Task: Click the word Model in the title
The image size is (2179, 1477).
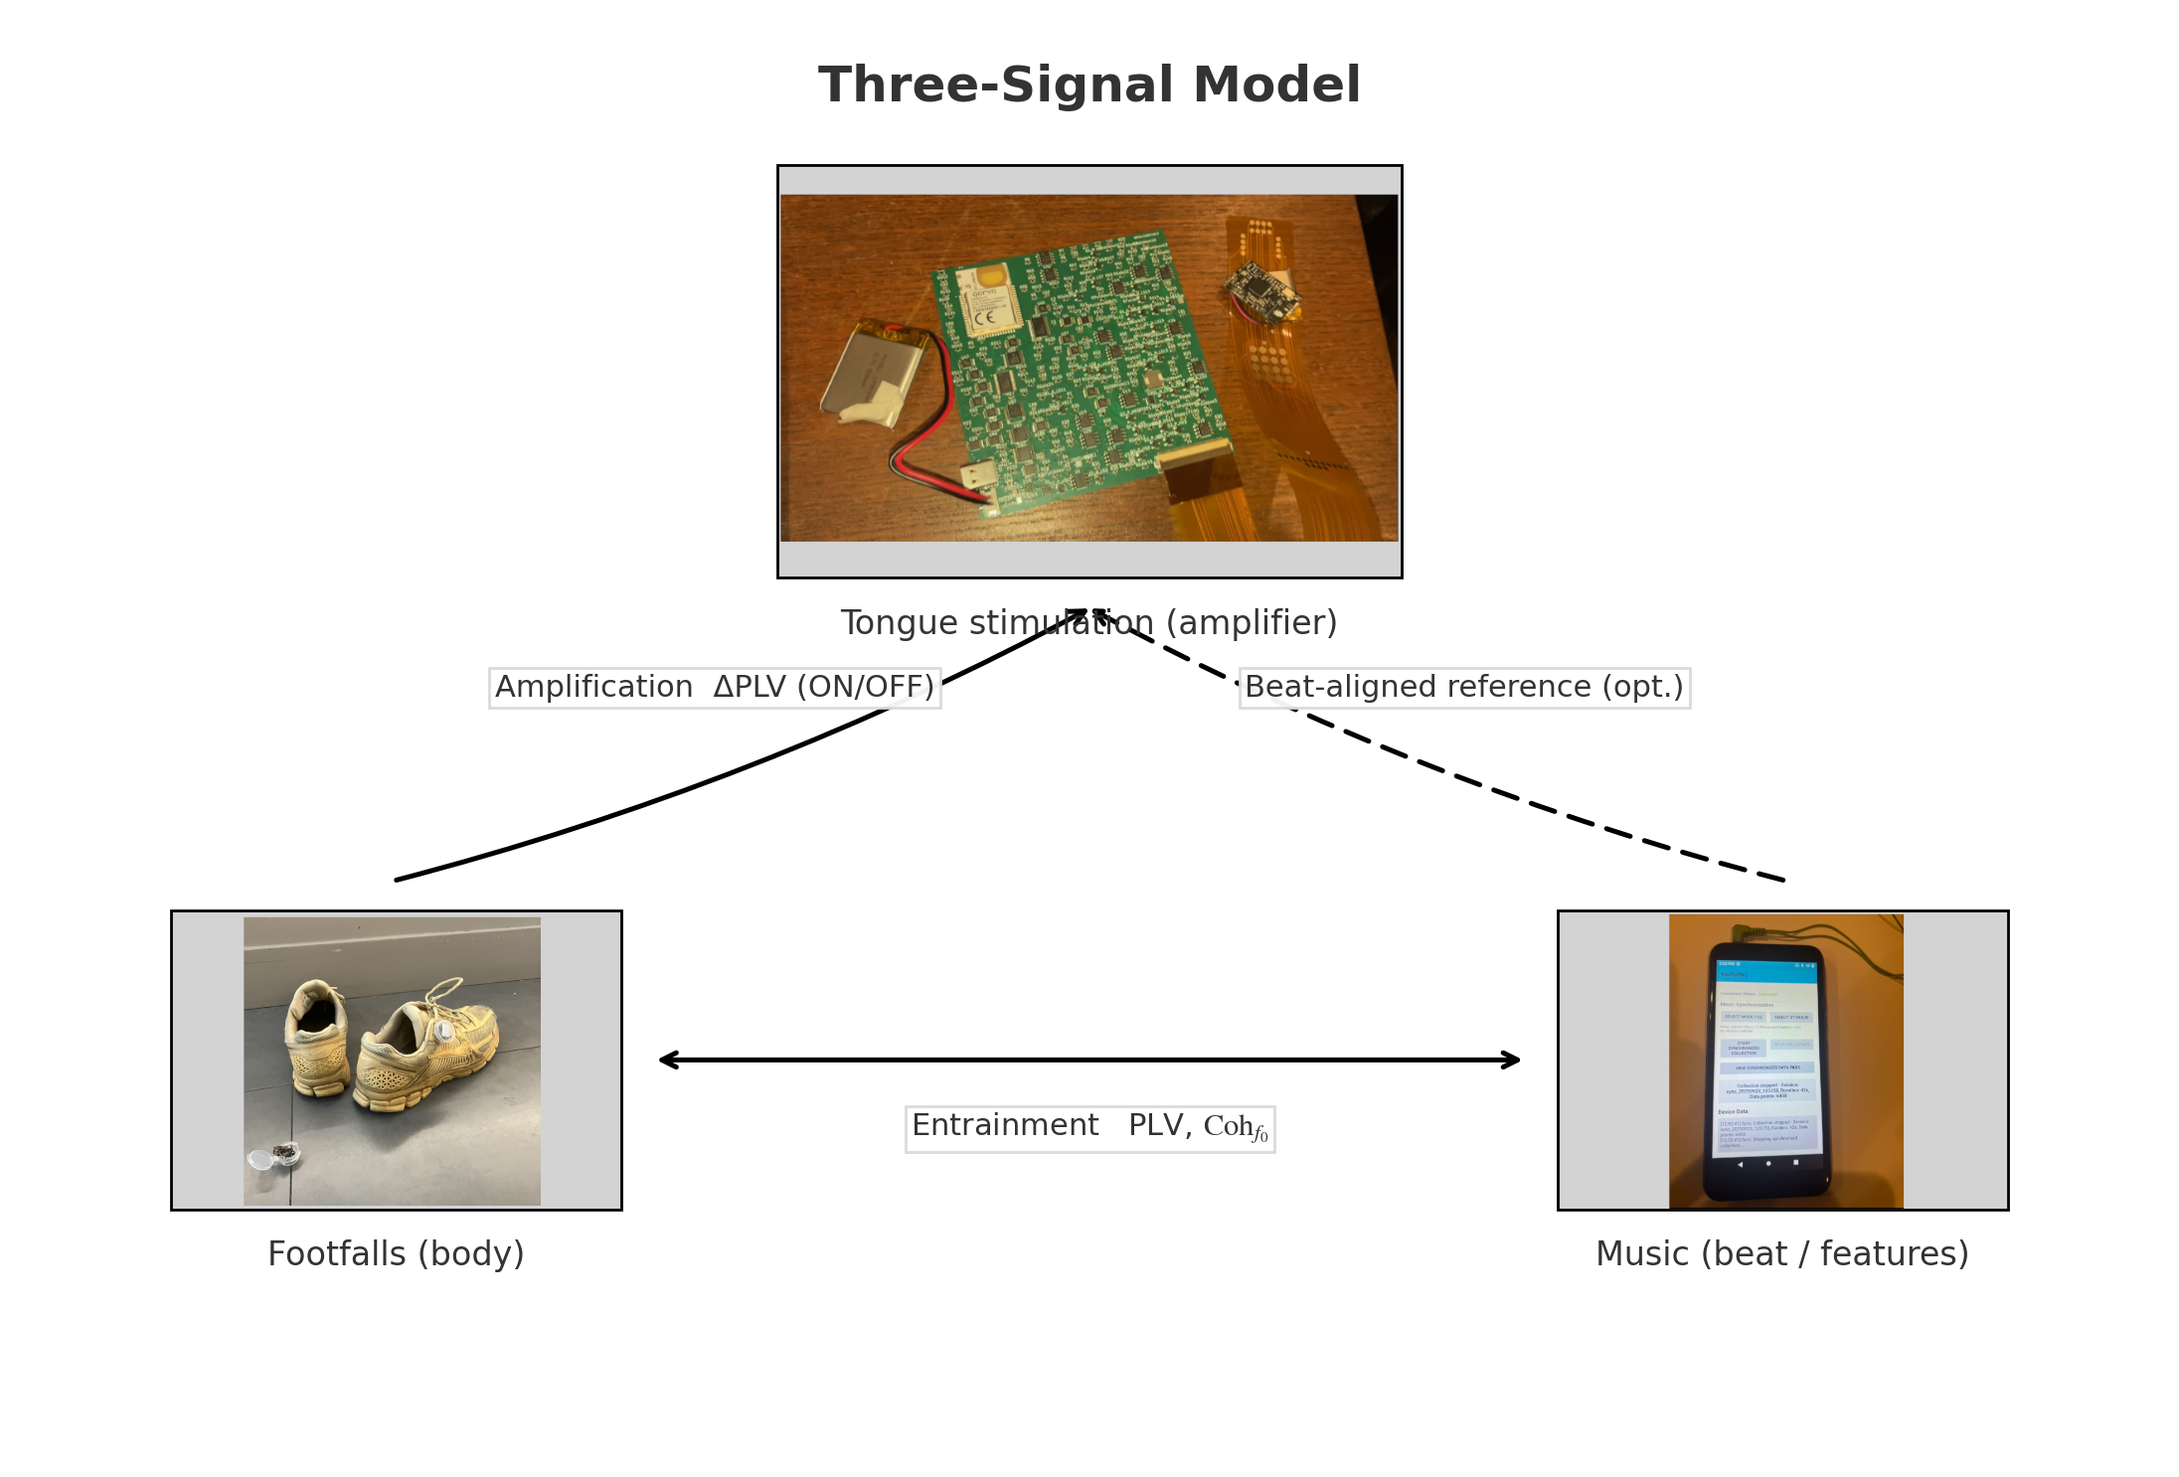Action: click(1276, 85)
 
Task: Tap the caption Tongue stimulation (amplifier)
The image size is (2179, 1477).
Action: click(1089, 623)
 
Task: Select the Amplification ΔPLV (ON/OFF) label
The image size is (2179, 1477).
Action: click(714, 688)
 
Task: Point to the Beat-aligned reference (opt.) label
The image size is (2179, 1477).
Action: click(1464, 688)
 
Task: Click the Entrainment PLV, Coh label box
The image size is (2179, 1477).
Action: click(1089, 1128)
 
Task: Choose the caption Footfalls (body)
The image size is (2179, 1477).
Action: click(396, 1254)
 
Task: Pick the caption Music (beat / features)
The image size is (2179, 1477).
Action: click(1781, 1254)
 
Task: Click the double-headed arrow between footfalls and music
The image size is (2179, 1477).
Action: click(1089, 1061)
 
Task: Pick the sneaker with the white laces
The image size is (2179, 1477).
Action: click(427, 1044)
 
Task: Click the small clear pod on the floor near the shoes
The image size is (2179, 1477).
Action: click(274, 1156)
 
